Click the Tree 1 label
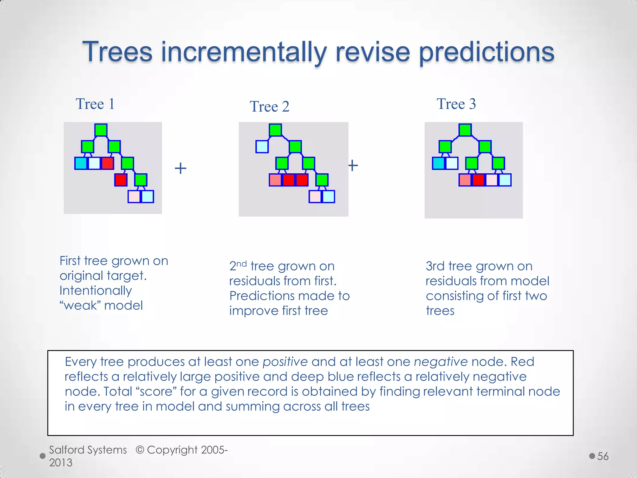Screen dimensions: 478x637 tap(95, 104)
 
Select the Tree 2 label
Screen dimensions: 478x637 tap(269, 107)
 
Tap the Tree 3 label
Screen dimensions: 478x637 tap(456, 104)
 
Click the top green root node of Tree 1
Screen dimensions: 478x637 tap(101, 130)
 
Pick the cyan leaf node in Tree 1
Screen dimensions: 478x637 tap(81, 163)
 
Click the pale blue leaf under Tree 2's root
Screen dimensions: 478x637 tap(262, 147)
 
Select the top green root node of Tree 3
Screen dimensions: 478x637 tap(465, 130)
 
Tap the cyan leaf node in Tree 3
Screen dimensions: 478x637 tap(439, 163)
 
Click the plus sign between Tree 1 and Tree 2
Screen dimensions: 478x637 tap(180, 169)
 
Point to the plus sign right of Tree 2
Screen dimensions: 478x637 tap(353, 165)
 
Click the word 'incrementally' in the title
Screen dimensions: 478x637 tap(244, 52)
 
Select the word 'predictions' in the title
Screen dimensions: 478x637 tap(486, 52)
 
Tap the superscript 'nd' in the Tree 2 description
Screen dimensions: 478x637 tap(241, 264)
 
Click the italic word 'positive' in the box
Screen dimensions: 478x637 tap(285, 362)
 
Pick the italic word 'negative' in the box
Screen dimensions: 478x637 tap(441, 362)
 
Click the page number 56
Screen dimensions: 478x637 tap(603, 456)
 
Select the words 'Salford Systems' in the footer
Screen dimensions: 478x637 tap(88, 450)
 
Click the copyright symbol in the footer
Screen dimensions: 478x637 tap(140, 450)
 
